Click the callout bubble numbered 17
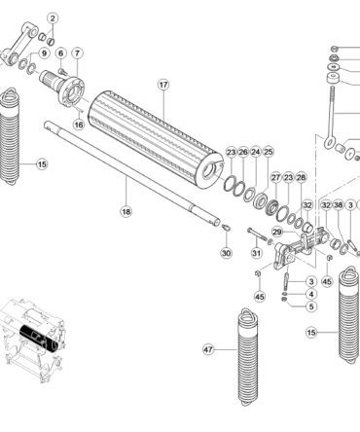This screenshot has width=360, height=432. coord(163,85)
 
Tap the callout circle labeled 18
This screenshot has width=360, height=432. coord(126,212)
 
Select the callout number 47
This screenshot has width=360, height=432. coord(208,349)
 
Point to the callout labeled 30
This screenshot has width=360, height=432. coord(226,253)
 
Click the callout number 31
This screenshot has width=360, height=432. coord(257,253)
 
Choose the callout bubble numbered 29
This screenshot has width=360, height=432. coord(277,232)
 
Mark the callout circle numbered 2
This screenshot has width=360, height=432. coord(53,18)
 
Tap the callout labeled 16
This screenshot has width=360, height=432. coord(79,125)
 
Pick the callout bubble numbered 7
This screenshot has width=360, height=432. coord(77,53)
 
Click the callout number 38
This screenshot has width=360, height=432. coord(339,205)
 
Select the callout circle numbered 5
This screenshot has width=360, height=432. coord(311,306)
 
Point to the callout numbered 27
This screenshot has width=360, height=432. coord(275,178)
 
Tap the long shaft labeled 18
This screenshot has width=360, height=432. coord(132,173)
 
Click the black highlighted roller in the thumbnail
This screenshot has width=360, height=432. coord(36,338)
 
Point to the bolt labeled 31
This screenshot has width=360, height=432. coord(258,234)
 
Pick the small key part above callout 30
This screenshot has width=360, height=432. coord(227,227)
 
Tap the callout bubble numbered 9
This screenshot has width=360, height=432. coord(44,54)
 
